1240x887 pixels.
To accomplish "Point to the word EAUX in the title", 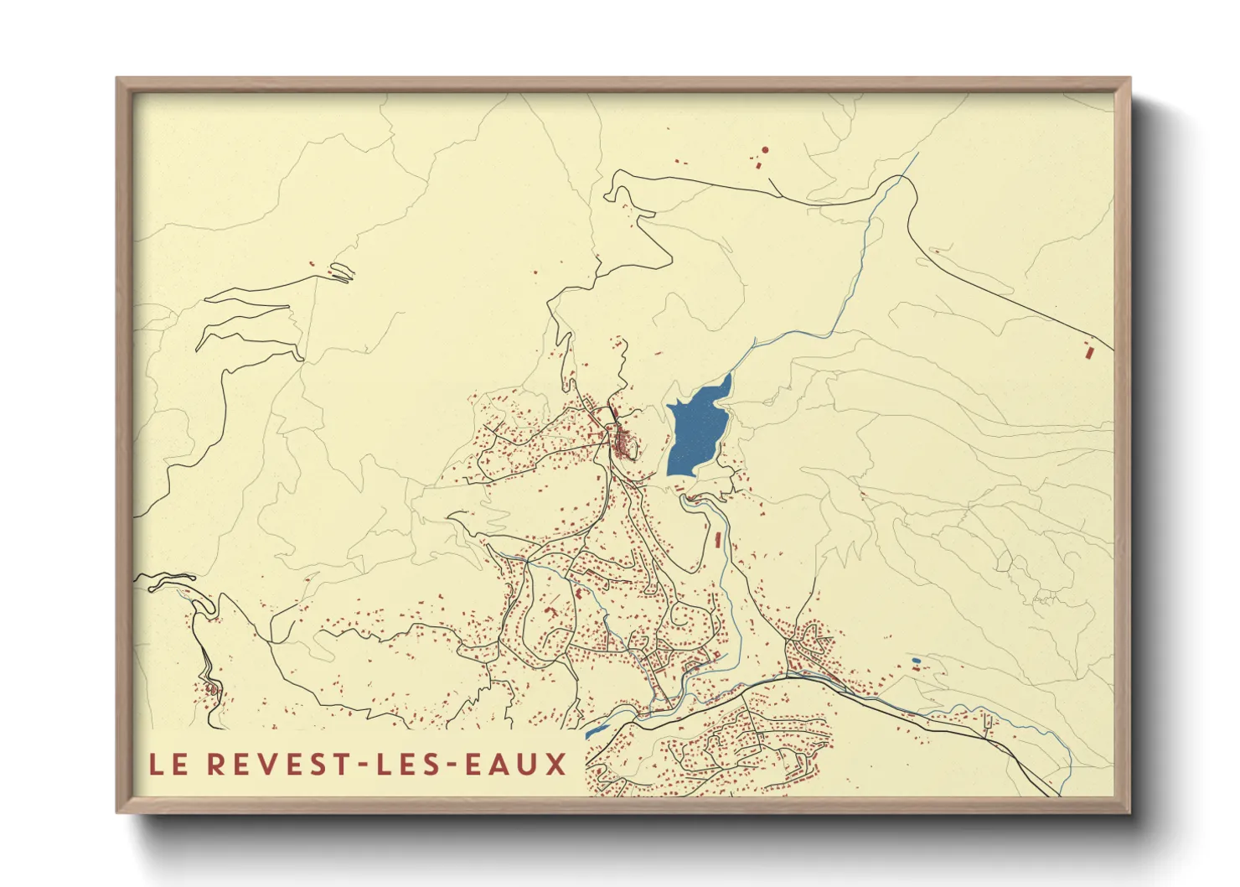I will coord(519,765).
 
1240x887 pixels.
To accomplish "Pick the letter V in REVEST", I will coord(271,765).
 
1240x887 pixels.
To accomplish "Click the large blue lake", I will coord(695,432).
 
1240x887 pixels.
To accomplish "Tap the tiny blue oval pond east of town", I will coord(916,661).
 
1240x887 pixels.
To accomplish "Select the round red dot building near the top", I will coord(765,150).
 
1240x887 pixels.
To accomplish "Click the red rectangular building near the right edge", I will coord(1088,351).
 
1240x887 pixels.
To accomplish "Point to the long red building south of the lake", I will coord(718,538).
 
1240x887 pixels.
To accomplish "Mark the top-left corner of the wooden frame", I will coord(117,79).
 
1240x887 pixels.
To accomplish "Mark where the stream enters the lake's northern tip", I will coord(729,375).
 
